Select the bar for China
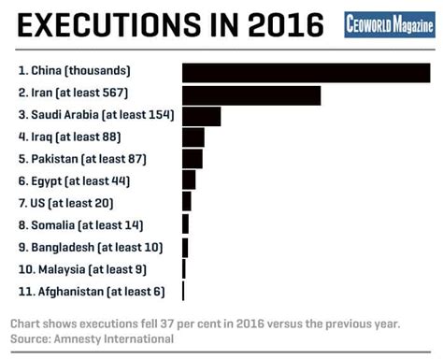pyautogui.click(x=306, y=72)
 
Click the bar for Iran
pyautogui.click(x=251, y=94)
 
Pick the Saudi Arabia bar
pyautogui.click(x=201, y=116)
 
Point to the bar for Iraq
pyautogui.click(x=193, y=138)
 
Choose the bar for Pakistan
pyautogui.click(x=192, y=159)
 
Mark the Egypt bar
pyautogui.click(x=189, y=180)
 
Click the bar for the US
pyautogui.click(x=186, y=202)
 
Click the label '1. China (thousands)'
pyautogui.click(x=74, y=71)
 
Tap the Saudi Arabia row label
pyautogui.click(x=96, y=115)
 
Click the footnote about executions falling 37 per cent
pyautogui.click(x=205, y=324)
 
